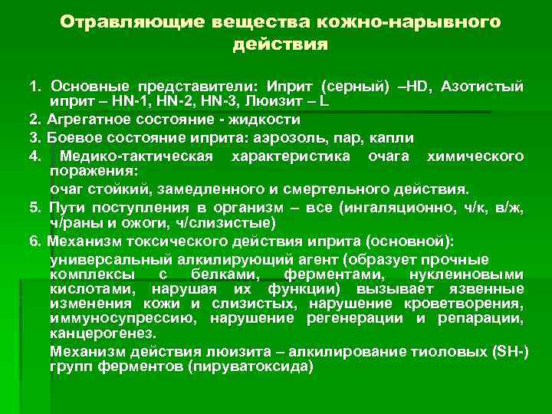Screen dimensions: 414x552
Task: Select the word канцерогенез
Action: [101, 333]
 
